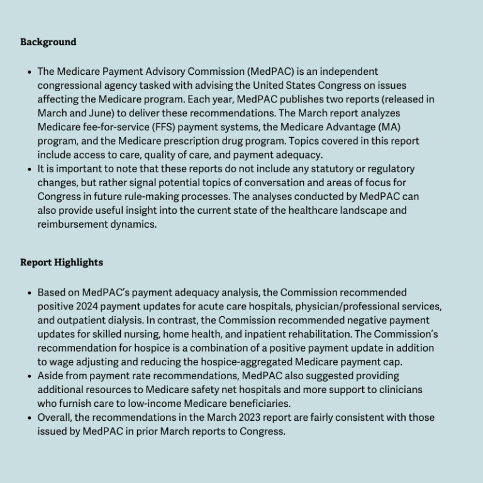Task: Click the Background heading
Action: click(x=48, y=42)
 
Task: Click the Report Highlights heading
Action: click(x=62, y=262)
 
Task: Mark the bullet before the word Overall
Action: click(x=30, y=418)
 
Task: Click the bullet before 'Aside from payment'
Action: click(x=30, y=376)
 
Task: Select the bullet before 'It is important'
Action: click(x=30, y=169)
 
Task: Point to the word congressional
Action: click(x=69, y=86)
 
